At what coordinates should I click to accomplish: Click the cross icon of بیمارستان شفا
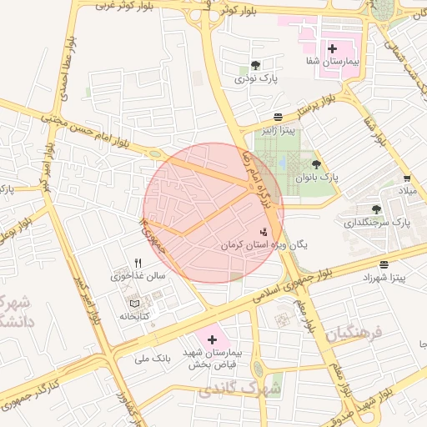[333, 49]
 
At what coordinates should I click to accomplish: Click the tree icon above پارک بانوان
[316, 164]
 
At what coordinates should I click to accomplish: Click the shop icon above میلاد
[406, 178]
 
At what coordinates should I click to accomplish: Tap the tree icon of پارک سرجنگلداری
[376, 209]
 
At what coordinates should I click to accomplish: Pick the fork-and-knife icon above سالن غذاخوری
[138, 263]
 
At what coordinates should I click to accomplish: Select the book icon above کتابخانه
[134, 304]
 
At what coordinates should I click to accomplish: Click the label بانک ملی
[153, 358]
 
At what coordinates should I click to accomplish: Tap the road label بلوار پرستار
[317, 109]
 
